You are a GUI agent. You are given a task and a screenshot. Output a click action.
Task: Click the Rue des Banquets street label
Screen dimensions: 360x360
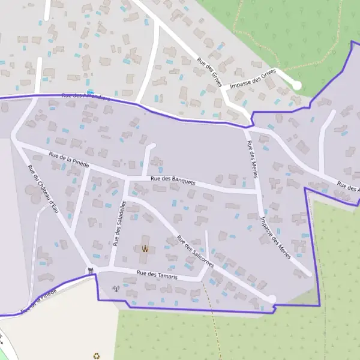click(173, 179)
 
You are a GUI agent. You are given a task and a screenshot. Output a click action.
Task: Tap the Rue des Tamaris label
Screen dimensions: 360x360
click(157, 274)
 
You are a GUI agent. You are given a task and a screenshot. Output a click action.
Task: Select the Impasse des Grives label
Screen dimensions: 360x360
click(256, 78)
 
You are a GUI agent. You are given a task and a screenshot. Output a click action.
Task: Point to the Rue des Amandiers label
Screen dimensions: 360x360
click(86, 96)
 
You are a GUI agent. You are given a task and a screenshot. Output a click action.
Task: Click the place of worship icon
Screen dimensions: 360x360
click(144, 248)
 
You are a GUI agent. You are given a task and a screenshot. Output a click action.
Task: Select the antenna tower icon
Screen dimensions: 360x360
click(116, 288)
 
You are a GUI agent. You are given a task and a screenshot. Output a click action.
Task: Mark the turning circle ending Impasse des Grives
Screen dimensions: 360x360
click(296, 85)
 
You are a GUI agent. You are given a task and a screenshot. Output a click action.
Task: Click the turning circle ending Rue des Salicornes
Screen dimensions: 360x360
click(271, 299)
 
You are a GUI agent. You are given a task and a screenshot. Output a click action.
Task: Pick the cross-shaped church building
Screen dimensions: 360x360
click(145, 256)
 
